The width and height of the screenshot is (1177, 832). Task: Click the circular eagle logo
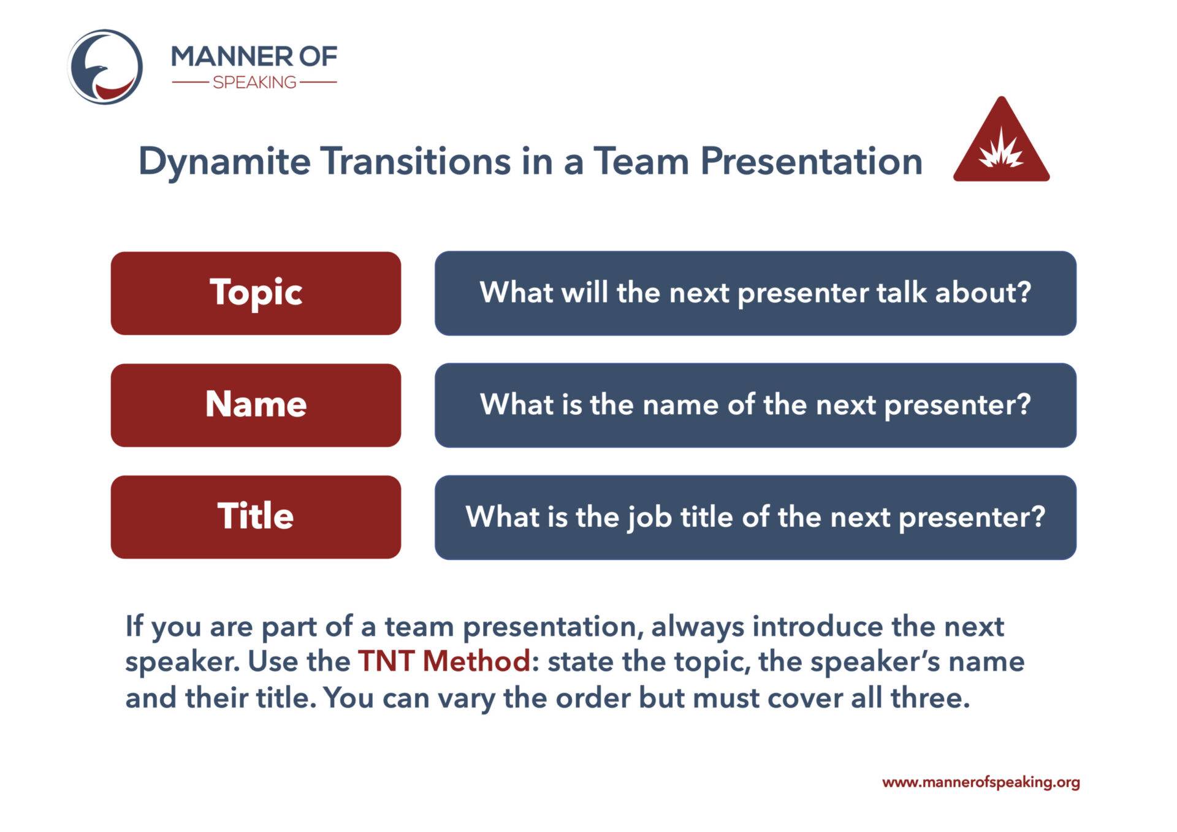coord(105,67)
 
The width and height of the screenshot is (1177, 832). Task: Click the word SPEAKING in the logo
coord(254,82)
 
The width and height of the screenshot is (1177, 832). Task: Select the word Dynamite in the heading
coord(224,162)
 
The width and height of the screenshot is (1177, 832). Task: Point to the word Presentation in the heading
coord(811,162)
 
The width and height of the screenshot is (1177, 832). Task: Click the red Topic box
coord(256,293)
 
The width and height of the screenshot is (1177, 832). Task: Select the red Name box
coord(256,405)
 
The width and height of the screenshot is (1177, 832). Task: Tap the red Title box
coord(256,516)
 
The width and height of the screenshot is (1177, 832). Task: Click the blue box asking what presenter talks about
coord(755,293)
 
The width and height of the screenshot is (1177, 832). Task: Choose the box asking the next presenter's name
coord(755,405)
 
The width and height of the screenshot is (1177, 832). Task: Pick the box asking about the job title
coord(755,516)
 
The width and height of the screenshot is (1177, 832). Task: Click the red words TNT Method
coord(444,661)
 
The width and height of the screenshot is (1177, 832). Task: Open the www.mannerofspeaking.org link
coord(981,782)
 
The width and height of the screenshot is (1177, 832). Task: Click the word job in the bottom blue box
coord(649,518)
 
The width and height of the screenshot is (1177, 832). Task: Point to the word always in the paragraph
coord(697,627)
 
